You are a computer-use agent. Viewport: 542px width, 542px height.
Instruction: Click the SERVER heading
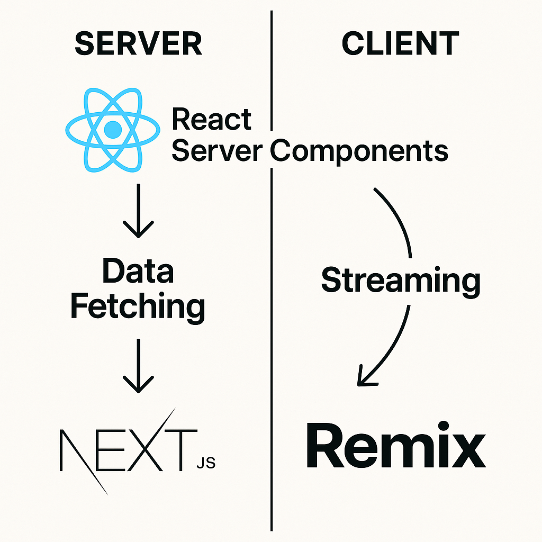[138, 44]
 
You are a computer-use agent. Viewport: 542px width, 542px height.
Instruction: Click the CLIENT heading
[400, 44]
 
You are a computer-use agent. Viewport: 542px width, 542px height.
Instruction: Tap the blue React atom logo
[112, 130]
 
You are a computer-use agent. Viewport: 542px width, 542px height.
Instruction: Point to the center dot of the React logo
[112, 130]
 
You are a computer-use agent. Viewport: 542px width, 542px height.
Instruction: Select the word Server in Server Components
[216, 151]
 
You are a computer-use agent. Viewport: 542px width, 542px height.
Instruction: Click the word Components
[359, 151]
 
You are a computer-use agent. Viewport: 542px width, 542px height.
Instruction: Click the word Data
[138, 272]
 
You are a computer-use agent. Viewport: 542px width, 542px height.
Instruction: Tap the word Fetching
[138, 306]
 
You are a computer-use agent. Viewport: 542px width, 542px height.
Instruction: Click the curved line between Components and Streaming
[400, 222]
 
